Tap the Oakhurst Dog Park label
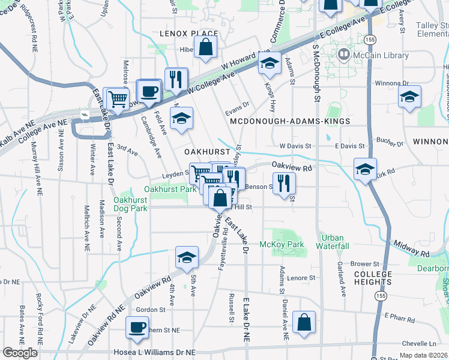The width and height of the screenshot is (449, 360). click(x=130, y=204)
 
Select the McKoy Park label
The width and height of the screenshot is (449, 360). click(x=282, y=244)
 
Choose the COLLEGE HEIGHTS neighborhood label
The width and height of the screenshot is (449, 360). click(x=372, y=278)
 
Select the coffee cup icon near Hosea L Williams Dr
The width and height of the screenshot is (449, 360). click(x=137, y=328)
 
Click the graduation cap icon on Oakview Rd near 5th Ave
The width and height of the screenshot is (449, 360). click(x=187, y=257)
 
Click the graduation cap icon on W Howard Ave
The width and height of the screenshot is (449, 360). click(x=270, y=62)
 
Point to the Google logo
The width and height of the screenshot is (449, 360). click(x=20, y=353)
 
